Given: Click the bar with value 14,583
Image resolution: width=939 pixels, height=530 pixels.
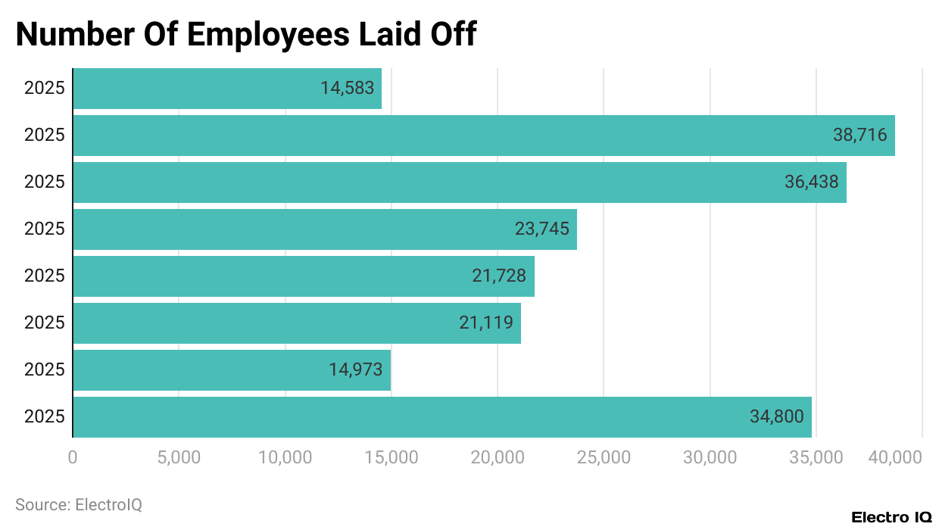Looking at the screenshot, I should pos(227,89).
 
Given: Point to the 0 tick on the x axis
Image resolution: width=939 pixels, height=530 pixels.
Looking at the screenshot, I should pos(73,457).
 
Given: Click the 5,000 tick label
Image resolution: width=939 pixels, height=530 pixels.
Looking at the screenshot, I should pos(179,457).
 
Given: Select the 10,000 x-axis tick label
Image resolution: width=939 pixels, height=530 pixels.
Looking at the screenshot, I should pos(285,457).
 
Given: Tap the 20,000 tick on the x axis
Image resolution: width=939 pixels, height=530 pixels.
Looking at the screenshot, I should pos(498,457).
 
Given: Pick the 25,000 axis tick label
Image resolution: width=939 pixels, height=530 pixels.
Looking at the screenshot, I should pos(604,457).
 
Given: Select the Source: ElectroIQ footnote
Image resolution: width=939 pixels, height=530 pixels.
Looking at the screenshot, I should pos(79,504).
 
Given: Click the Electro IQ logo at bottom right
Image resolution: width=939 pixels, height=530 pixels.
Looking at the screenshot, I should pos(891,517).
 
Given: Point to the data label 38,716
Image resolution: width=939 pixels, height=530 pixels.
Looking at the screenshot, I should pos(859,136).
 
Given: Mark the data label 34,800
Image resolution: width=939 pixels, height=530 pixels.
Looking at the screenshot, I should pos(776,417).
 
